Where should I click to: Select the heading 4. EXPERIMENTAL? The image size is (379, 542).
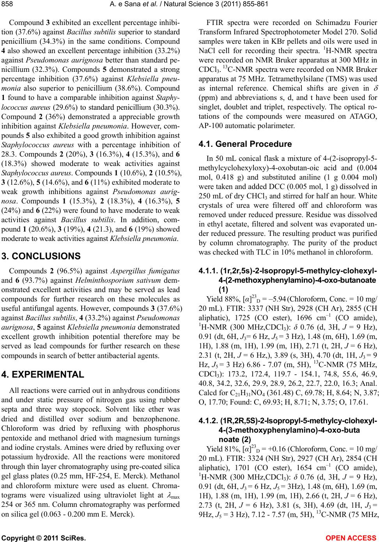point(43,374)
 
